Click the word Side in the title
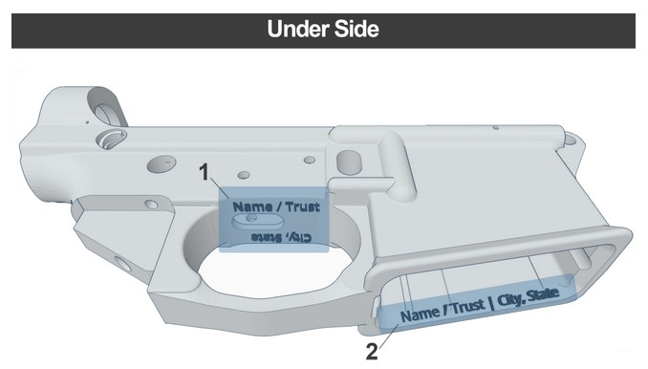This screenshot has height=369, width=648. pos(356,29)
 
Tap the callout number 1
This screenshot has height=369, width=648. pos(205,172)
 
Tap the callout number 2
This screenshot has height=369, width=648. pos(372,353)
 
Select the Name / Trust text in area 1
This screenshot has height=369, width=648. pos(276,206)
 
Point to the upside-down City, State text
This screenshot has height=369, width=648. pos(282,238)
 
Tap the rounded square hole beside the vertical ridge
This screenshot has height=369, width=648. pos(349,162)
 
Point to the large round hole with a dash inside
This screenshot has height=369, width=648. pos(162,163)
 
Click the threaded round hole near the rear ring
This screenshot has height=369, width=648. pos(111,138)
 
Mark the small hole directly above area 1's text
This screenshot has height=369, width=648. pos(244,175)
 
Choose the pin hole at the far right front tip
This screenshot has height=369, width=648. pos(570,140)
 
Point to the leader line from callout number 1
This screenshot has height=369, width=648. pos(220,188)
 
